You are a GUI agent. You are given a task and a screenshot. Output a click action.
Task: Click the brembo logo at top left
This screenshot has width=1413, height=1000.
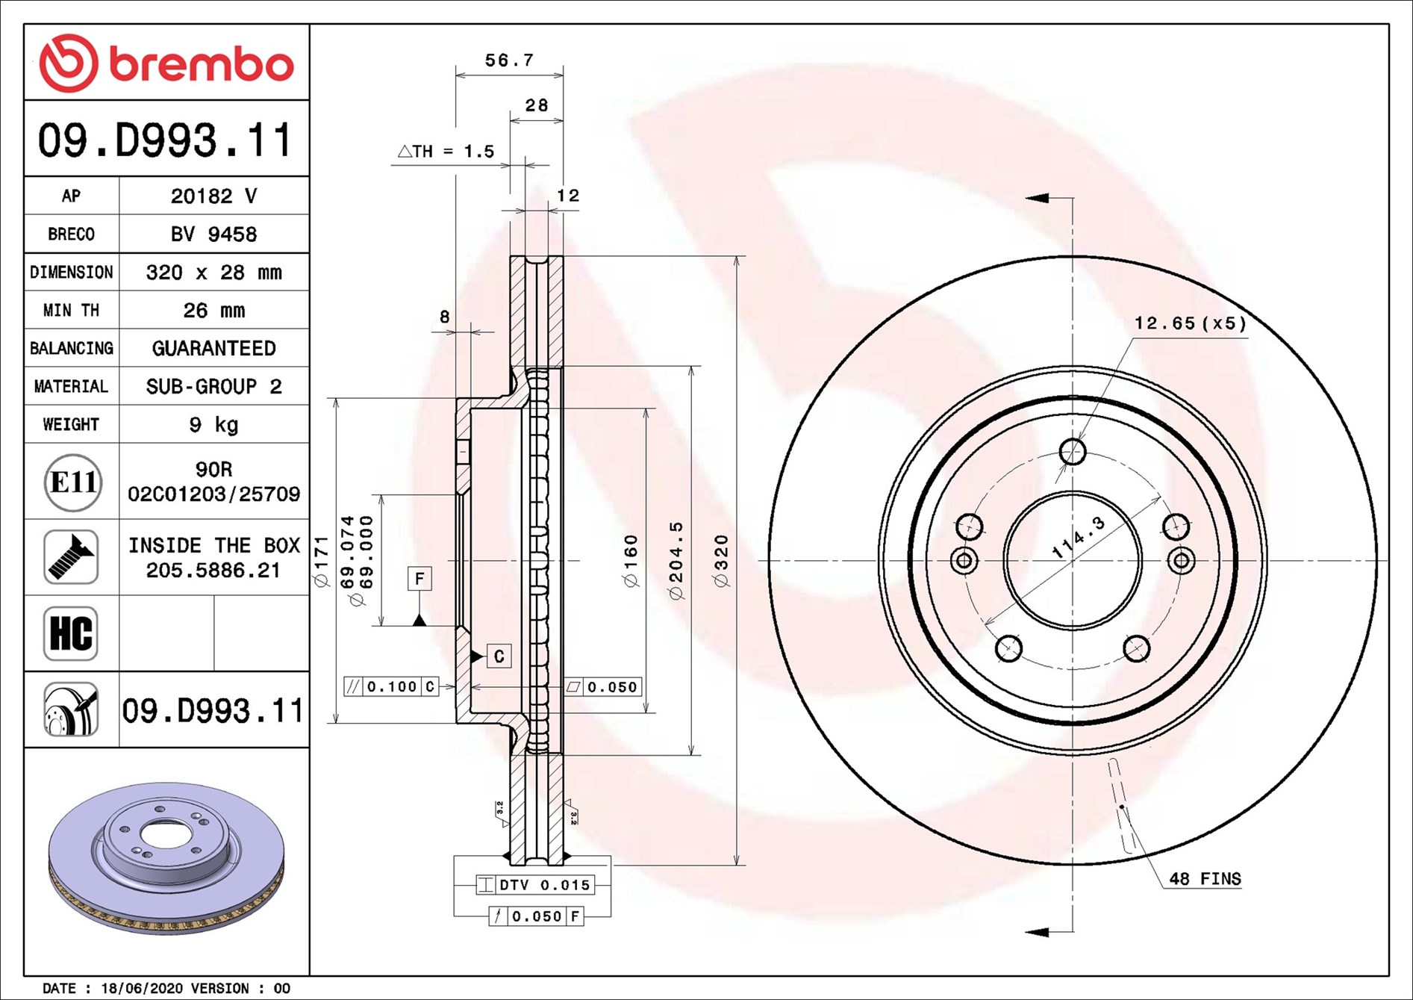(166, 63)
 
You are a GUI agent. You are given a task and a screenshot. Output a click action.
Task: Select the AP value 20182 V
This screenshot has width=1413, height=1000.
(213, 196)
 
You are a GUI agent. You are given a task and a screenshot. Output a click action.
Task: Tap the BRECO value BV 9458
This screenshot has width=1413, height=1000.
(213, 234)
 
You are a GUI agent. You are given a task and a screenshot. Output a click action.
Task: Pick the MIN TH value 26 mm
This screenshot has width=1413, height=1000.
(213, 310)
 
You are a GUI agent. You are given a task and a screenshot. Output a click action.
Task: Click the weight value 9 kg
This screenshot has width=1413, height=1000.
(213, 424)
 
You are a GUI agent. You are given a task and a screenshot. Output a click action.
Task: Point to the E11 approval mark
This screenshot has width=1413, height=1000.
(72, 482)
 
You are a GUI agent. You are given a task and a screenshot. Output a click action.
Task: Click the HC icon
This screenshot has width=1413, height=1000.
(71, 633)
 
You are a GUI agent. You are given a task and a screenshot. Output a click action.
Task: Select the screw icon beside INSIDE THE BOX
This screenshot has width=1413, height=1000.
(71, 557)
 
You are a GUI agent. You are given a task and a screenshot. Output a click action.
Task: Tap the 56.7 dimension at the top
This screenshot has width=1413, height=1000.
(509, 60)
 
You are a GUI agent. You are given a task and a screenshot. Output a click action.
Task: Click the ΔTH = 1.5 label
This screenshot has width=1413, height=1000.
(446, 151)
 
